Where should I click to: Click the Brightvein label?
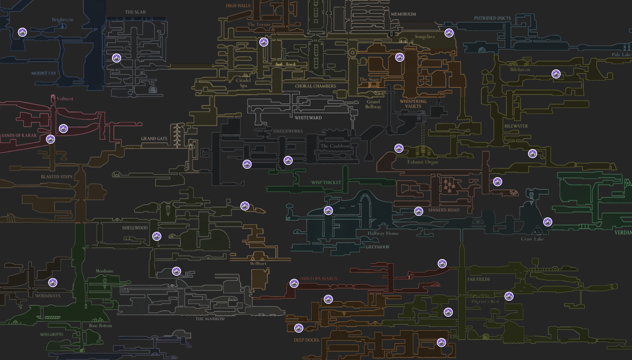63,20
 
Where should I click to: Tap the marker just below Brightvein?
22,33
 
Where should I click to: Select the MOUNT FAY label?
44,73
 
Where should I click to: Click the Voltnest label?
65,99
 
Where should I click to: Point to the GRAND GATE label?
154,139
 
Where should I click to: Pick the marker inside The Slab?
117,58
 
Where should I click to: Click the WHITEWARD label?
308,118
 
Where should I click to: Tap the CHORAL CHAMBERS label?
315,86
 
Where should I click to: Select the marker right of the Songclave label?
449,33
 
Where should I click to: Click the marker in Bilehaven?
556,74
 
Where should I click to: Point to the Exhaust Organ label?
423,162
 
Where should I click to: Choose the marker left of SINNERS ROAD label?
419,211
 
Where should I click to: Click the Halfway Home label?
383,233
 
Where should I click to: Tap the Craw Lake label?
532,239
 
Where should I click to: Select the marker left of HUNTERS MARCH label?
294,283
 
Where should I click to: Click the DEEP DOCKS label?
306,340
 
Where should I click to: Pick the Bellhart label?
258,263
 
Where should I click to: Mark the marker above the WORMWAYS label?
53,283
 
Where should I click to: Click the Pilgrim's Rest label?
485,302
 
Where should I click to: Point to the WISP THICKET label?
326,182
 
